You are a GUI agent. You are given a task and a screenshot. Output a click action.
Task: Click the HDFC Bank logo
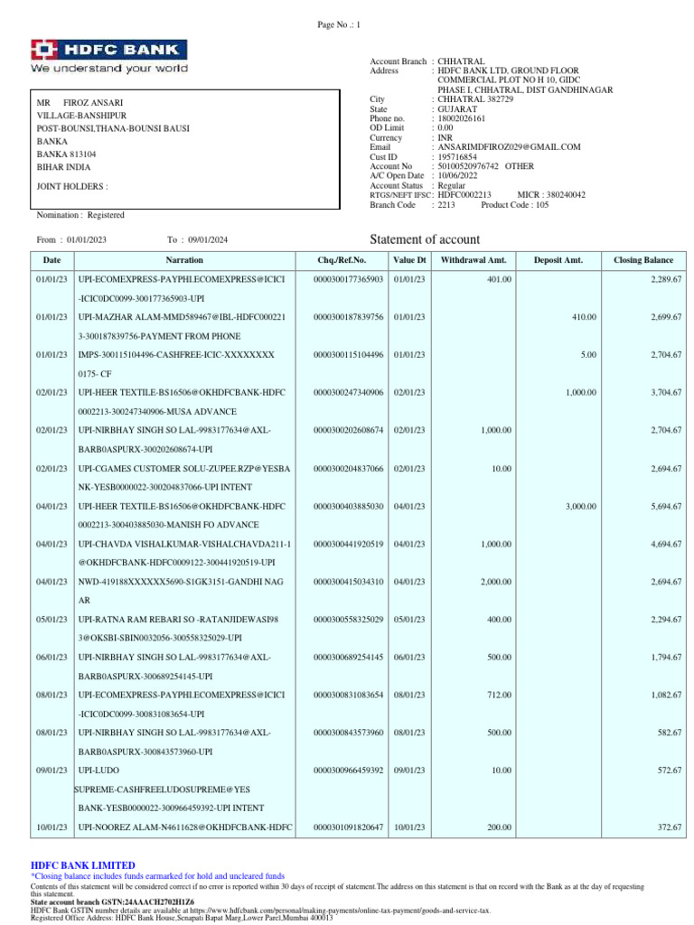(x=109, y=56)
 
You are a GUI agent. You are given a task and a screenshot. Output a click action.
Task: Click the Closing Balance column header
(x=643, y=260)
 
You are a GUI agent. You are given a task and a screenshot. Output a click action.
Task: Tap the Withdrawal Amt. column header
(x=473, y=260)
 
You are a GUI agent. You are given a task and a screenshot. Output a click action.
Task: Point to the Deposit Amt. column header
(x=559, y=260)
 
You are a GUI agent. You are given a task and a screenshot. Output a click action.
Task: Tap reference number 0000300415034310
(x=348, y=582)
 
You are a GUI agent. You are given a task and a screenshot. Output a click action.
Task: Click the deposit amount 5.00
(x=587, y=354)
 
